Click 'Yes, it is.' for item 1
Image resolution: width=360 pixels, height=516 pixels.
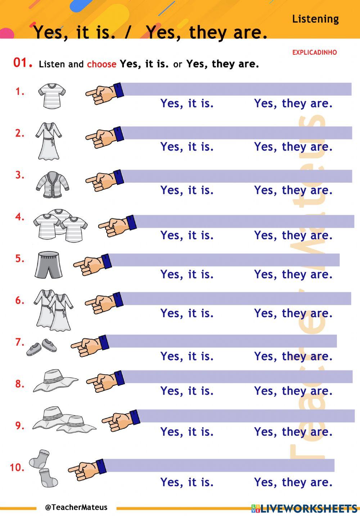point(187,103)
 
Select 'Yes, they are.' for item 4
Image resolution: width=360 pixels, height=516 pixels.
point(293,235)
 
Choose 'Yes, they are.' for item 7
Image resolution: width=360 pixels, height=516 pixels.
point(293,356)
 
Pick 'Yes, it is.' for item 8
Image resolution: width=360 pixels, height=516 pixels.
point(187,391)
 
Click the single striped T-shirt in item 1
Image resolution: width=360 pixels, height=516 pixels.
point(52,96)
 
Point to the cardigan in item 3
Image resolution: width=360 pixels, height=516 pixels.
point(53,184)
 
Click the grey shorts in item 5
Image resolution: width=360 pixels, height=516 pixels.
point(48,265)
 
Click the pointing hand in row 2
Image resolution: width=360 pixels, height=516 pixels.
point(105,137)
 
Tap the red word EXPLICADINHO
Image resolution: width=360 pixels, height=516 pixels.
point(314,53)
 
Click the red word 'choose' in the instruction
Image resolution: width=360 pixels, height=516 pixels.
point(102,64)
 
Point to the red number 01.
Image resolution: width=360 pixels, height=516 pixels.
point(23,63)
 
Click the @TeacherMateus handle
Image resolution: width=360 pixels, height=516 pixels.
point(76,507)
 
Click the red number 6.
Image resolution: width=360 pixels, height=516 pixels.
point(19,301)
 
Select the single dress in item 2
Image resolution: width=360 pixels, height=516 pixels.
point(49,141)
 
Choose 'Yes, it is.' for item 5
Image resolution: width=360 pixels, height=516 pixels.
point(187,274)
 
